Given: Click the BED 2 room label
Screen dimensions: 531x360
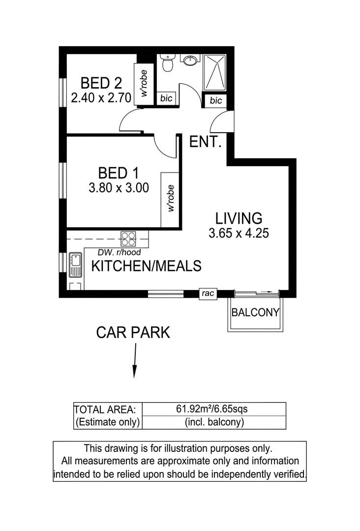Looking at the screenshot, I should [101, 82].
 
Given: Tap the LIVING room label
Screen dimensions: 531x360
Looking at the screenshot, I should [239, 218].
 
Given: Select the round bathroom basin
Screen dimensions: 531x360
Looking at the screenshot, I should [190, 60].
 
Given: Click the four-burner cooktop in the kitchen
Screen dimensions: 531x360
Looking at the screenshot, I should [129, 238].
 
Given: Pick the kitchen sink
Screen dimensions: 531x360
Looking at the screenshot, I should [76, 265].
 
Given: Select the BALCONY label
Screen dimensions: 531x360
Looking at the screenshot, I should [255, 312].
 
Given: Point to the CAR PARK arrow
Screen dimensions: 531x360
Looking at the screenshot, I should [134, 361].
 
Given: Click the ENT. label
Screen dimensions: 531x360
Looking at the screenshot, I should [205, 142].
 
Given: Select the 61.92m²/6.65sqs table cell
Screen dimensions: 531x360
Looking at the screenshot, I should [214, 409].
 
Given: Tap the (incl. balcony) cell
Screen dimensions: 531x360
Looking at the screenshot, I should [214, 422].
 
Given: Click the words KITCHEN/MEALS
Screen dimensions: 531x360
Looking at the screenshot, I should [147, 266].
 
